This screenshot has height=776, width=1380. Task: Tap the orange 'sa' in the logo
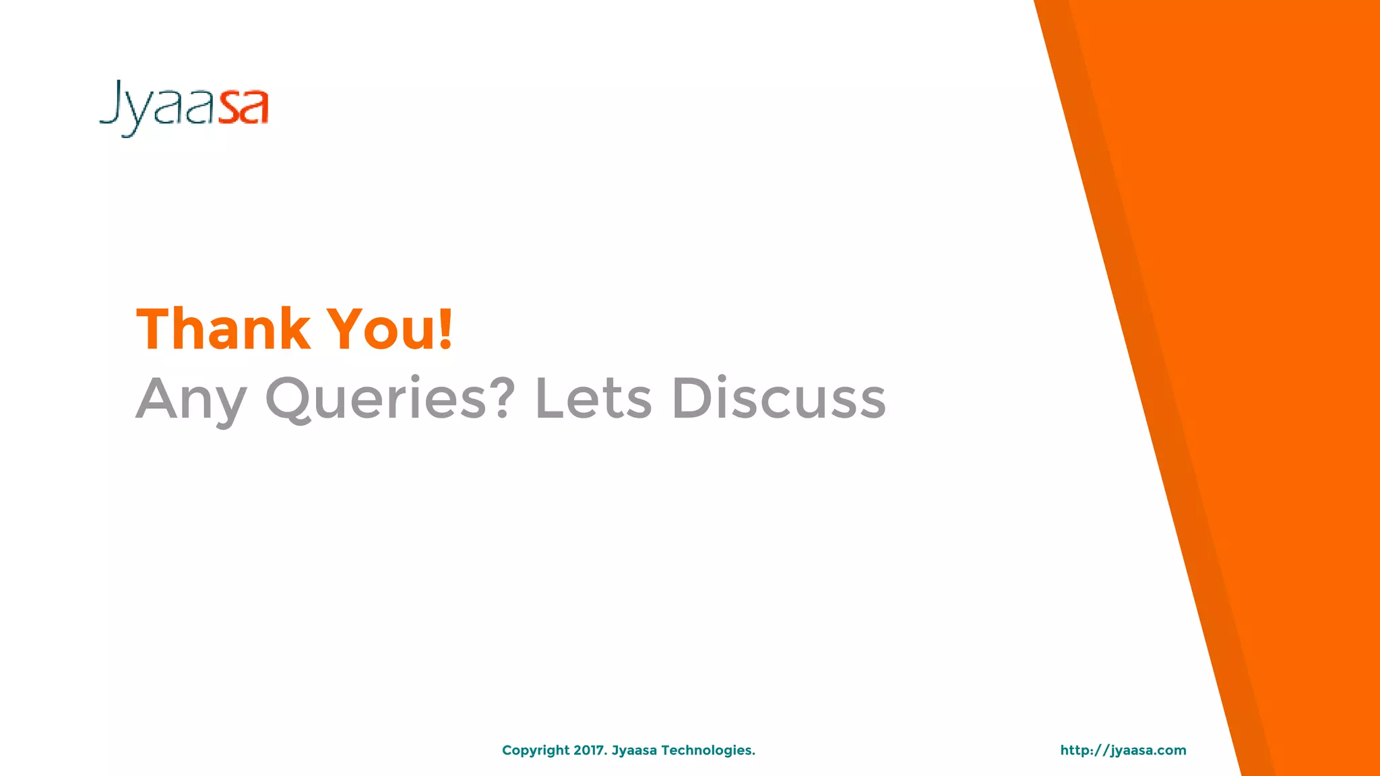coord(244,108)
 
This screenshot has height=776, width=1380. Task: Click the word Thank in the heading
coord(223,329)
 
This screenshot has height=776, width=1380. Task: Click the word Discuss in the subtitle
coord(778,398)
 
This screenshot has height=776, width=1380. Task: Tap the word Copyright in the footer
coord(536,750)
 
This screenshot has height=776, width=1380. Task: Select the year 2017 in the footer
coord(590,750)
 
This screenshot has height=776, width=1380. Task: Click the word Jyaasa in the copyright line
coord(633,750)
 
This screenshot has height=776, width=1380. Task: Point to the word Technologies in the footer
coord(708,750)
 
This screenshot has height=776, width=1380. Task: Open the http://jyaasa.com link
coord(1123,750)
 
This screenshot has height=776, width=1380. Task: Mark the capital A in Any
coord(156,398)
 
